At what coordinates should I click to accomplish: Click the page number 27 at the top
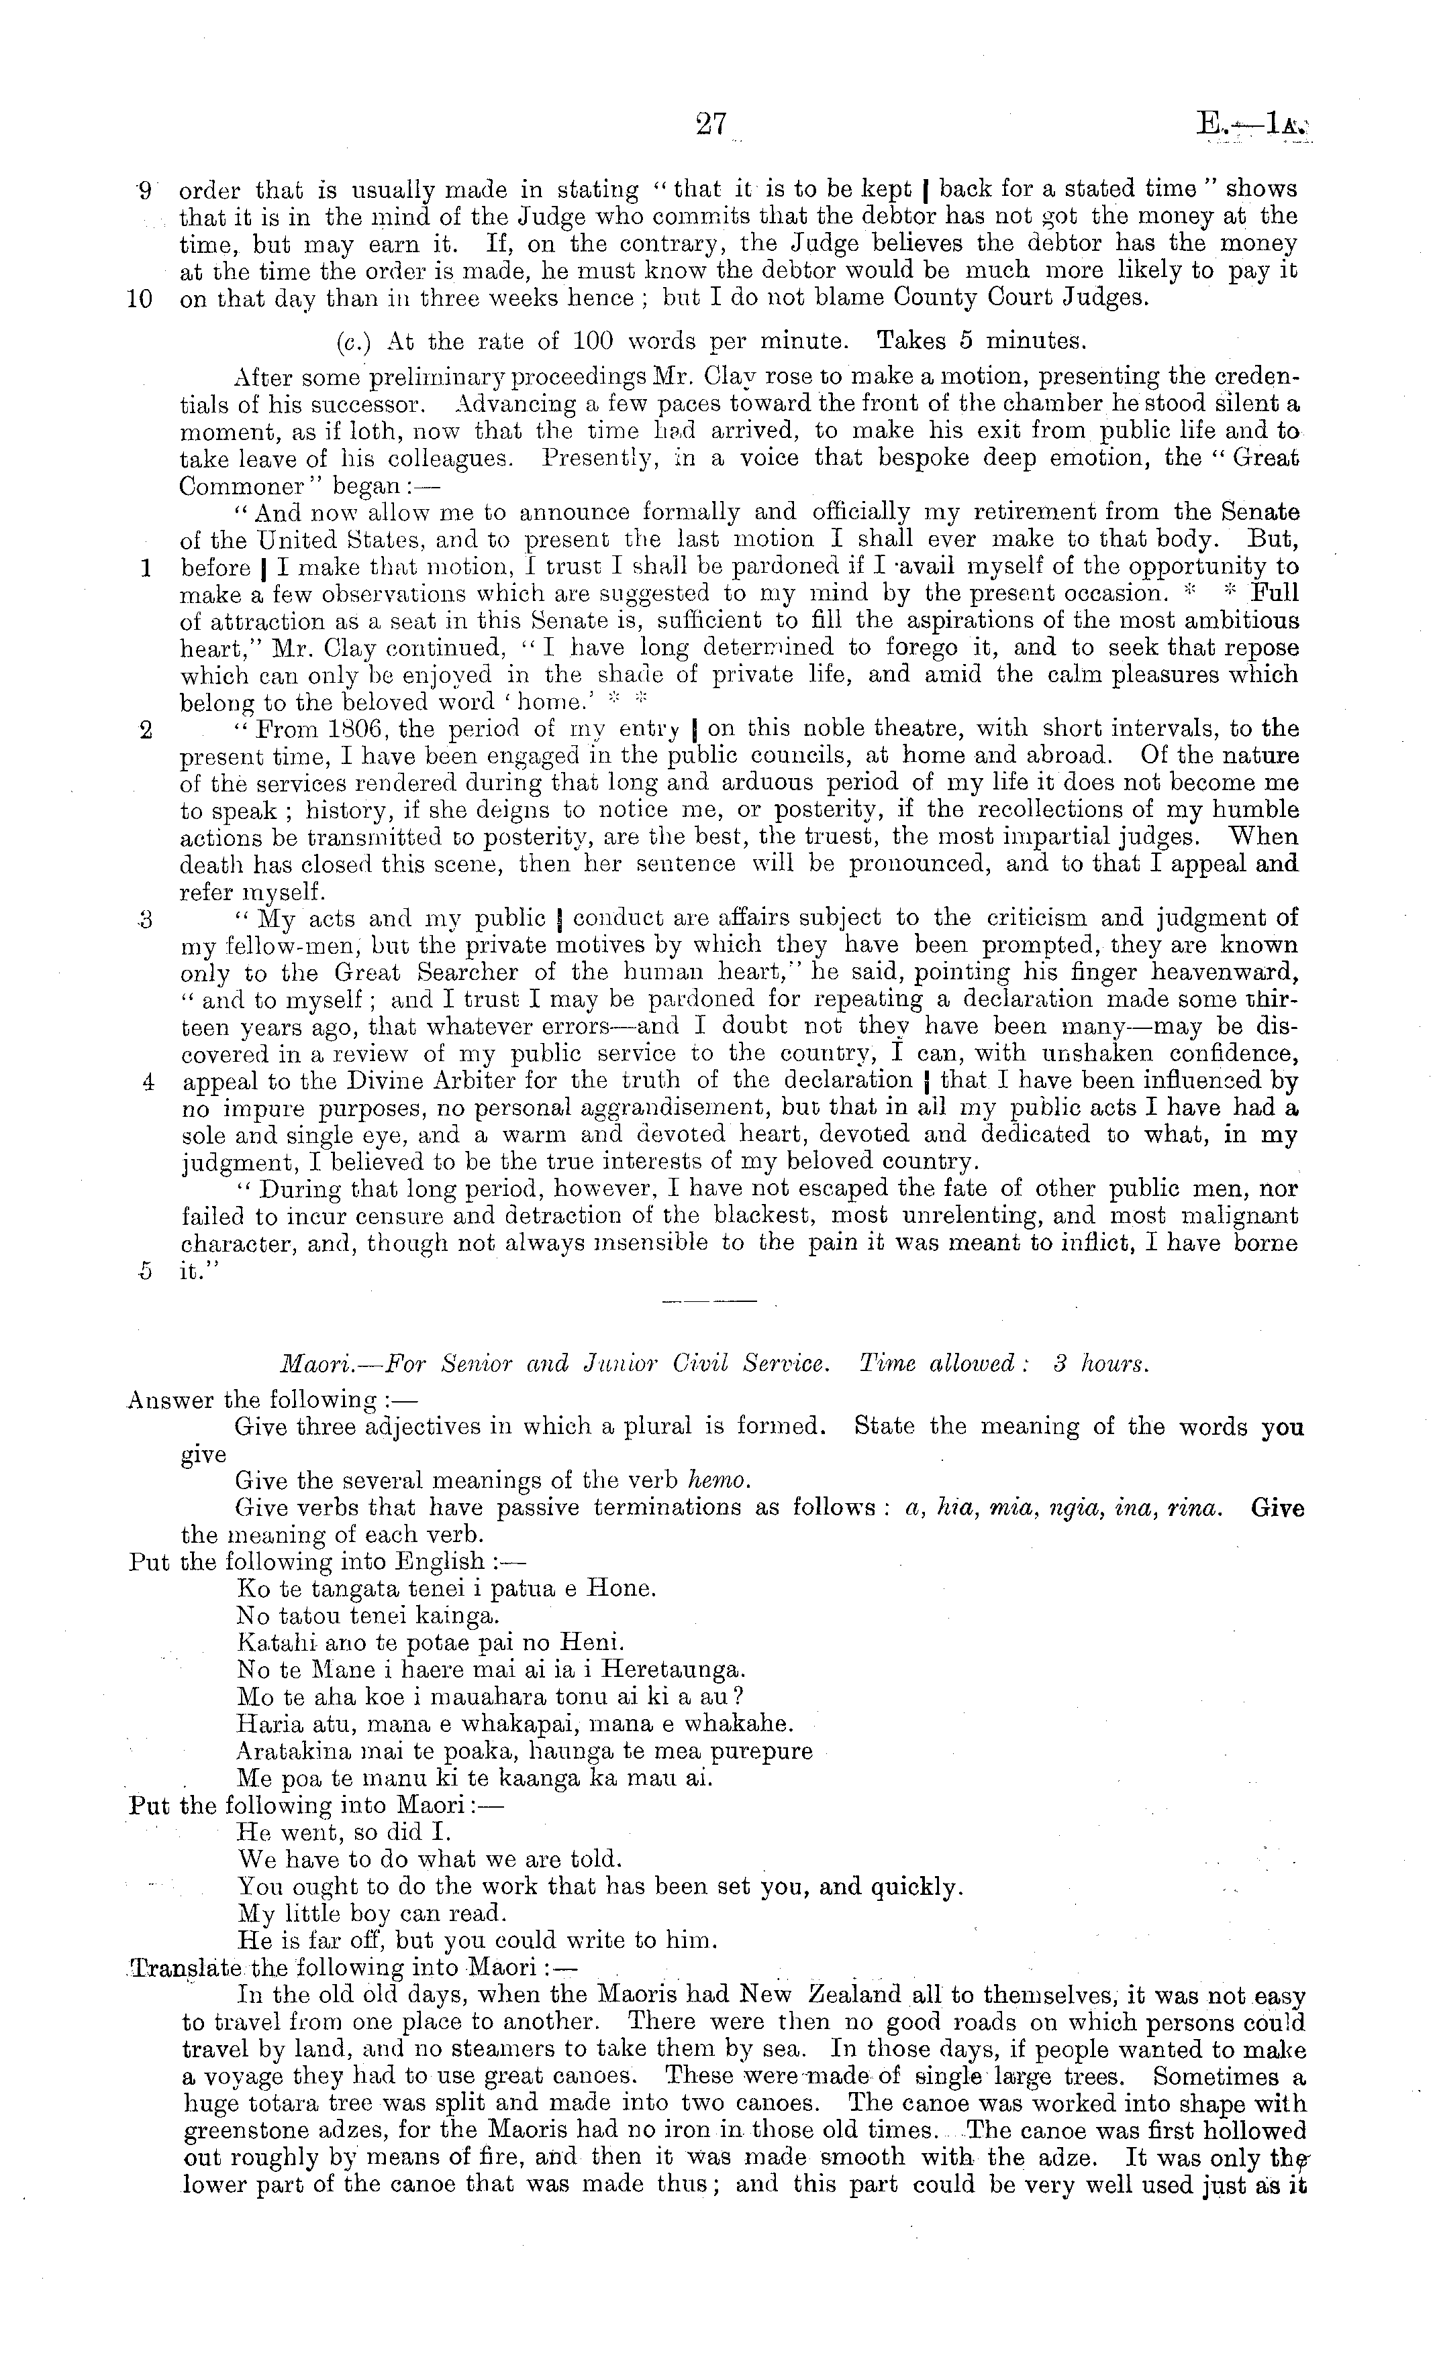pyautogui.click(x=711, y=126)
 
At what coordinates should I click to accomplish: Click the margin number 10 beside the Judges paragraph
pyautogui.click(x=140, y=298)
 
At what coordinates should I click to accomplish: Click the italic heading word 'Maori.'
pyautogui.click(x=248, y=1364)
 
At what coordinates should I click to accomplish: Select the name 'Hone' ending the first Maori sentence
pyautogui.click(x=621, y=1589)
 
